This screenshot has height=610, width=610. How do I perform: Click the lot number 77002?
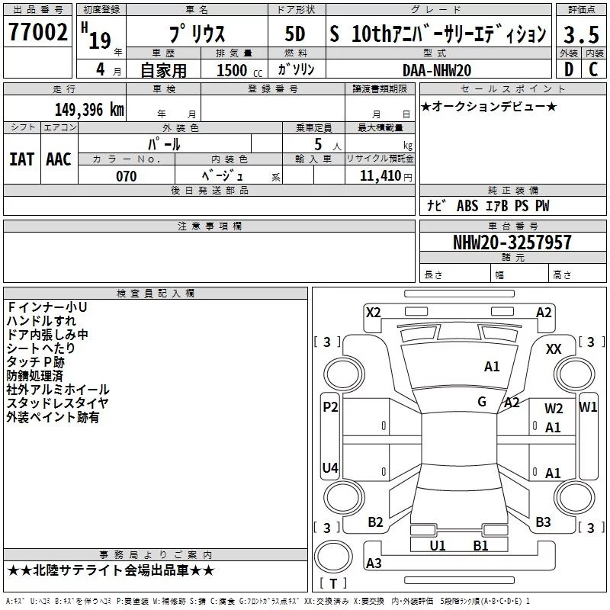[x=38, y=34]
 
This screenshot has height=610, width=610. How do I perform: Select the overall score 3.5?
[x=580, y=34]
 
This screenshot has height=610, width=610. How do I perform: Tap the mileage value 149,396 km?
[x=89, y=109]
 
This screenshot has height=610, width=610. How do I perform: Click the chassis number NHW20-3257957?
[x=512, y=242]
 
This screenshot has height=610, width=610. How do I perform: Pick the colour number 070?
[x=127, y=176]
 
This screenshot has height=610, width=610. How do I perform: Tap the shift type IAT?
[x=21, y=159]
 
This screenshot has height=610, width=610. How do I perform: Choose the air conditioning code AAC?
[x=58, y=159]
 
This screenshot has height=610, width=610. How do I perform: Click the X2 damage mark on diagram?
[x=373, y=312]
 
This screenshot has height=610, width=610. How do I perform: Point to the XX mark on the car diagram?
[x=554, y=348]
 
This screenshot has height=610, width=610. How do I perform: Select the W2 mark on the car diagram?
[x=554, y=409]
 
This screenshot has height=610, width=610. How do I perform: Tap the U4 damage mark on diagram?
[x=330, y=467]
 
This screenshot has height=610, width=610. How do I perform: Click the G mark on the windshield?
[x=482, y=401]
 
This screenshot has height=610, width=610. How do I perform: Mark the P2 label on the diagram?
[x=330, y=406]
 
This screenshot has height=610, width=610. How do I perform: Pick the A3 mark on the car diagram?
[x=374, y=563]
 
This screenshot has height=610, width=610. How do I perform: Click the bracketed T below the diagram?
[x=332, y=583]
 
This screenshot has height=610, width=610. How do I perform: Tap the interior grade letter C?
[x=593, y=69]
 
